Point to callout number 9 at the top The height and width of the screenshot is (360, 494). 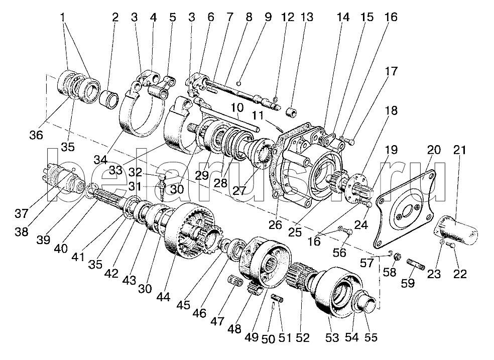267,17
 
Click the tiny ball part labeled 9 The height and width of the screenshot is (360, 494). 240,83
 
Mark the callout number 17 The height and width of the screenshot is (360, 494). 392,72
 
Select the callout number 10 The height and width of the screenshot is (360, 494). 237,108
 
